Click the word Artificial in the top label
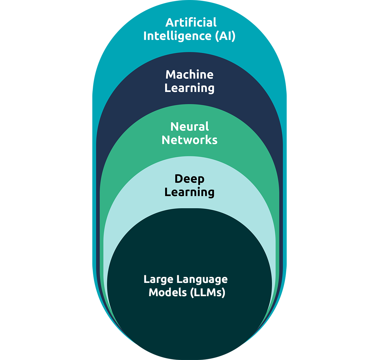tap(191, 22)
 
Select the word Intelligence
tap(177, 36)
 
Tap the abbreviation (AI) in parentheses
tap(225, 36)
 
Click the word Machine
tap(189, 75)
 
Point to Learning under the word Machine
tap(189, 88)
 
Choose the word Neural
tap(189, 127)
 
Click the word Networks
tap(189, 140)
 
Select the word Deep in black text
tap(189, 179)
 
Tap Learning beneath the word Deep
tap(189, 192)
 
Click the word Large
tap(158, 279)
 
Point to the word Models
tap(168, 292)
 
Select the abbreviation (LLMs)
tap(208, 293)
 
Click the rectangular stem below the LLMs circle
tap(189, 351)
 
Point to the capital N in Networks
tap(166, 140)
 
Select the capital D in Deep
tap(179, 179)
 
